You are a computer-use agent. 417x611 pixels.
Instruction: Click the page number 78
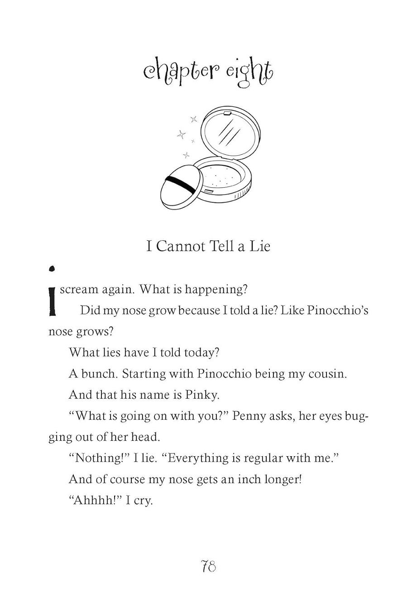[x=208, y=566]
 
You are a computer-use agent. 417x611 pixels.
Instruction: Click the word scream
[x=79, y=289]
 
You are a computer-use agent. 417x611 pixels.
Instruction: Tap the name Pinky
[x=202, y=395]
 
